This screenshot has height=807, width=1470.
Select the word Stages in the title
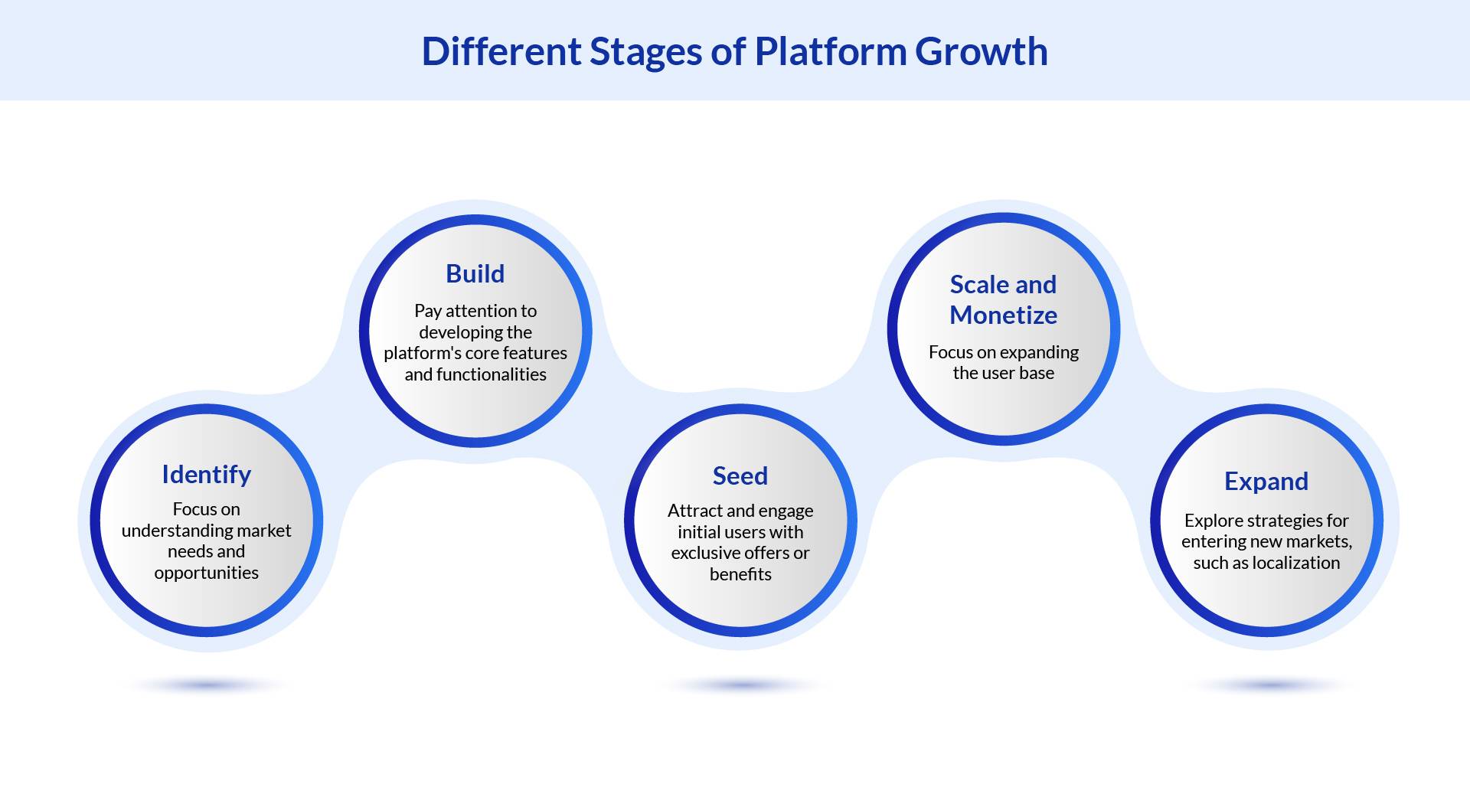pyautogui.click(x=645, y=52)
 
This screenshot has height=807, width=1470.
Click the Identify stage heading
pyautogui.click(x=206, y=475)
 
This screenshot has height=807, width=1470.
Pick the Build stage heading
pyautogui.click(x=475, y=273)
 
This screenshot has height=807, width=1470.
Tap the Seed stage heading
pyautogui.click(x=740, y=475)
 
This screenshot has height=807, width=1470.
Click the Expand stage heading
pyautogui.click(x=1266, y=481)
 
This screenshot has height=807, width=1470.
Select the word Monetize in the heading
pyautogui.click(x=1003, y=315)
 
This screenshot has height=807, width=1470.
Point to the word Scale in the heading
pyautogui.click(x=978, y=284)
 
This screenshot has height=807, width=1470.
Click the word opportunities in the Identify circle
pyautogui.click(x=206, y=573)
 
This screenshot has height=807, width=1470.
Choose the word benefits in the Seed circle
pyautogui.click(x=740, y=574)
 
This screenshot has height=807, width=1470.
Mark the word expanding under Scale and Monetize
pyautogui.click(x=1038, y=352)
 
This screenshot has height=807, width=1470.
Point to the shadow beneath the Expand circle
pyautogui.click(x=1267, y=685)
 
